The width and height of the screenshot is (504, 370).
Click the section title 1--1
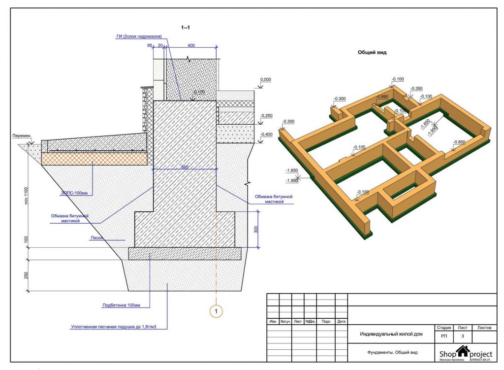[186, 28]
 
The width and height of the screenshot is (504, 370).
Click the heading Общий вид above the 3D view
[372, 53]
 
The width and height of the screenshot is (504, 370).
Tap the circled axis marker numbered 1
[216, 311]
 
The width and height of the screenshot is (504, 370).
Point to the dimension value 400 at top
[191, 45]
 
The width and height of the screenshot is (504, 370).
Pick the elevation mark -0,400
[266, 134]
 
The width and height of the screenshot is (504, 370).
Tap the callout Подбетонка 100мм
[121, 305]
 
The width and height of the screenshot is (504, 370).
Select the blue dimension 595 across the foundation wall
[185, 167]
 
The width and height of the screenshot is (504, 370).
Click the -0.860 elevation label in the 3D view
[382, 97]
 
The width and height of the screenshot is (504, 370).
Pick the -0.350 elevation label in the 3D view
[416, 88]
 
